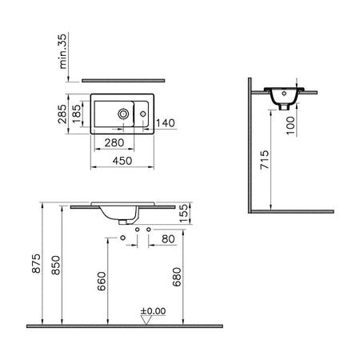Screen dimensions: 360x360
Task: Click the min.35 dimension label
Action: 63,51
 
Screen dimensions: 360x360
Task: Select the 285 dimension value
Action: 62,114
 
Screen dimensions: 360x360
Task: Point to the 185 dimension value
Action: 76,114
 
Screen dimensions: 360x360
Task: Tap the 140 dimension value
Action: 166,123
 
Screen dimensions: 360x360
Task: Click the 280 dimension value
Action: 114,143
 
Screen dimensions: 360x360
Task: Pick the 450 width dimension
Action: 122,161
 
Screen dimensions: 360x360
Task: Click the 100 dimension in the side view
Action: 290,126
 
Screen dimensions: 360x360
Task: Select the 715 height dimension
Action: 265,160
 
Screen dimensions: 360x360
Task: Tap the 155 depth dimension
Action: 183,213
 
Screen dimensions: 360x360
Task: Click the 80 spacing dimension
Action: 168,239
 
